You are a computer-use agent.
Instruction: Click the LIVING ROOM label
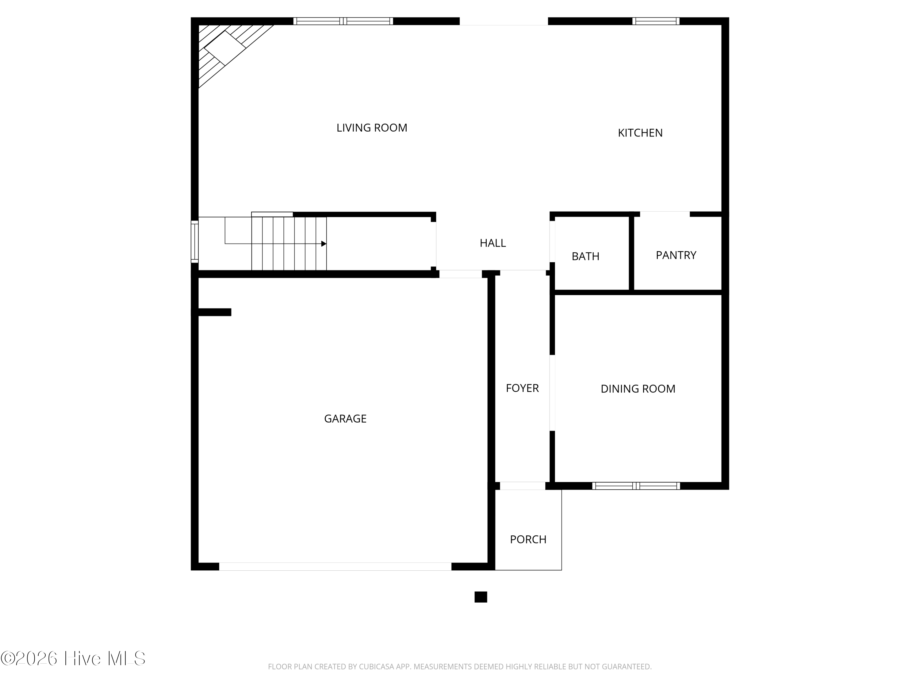point(372,128)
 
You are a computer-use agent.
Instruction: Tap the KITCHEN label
point(640,133)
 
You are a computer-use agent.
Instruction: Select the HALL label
point(493,243)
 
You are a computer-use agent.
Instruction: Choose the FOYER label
point(522,388)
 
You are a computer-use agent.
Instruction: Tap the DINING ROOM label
point(638,389)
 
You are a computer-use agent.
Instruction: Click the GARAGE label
point(345,419)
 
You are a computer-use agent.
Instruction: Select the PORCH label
point(528,539)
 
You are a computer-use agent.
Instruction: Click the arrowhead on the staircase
point(324,244)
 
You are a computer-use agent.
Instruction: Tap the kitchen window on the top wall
point(656,21)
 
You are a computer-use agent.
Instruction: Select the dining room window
point(636,486)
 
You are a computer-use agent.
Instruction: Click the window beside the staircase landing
point(195,242)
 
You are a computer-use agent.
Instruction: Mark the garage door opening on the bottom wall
point(335,566)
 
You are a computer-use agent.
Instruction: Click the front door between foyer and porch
point(522,486)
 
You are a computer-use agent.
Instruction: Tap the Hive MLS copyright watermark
point(73,658)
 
